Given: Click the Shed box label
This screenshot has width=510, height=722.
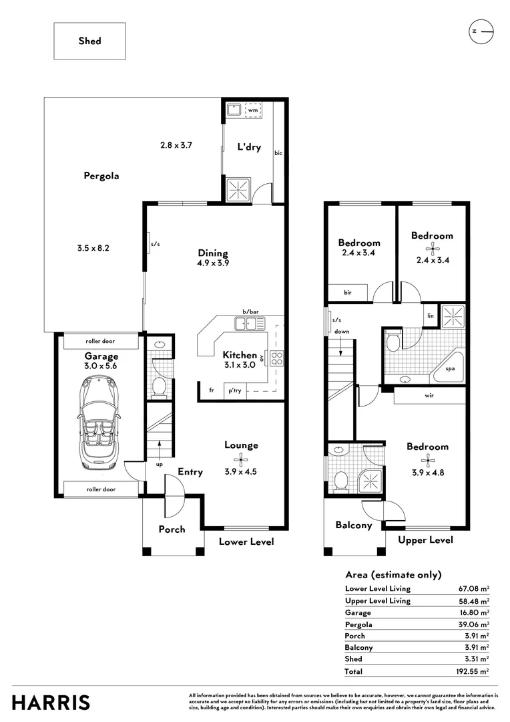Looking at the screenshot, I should [x=89, y=41].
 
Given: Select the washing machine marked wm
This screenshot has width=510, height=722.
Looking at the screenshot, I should [x=253, y=110].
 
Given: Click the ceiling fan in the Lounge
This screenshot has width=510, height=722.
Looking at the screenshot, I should [x=241, y=459].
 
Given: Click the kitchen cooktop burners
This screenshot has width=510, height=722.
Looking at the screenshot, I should [x=276, y=358].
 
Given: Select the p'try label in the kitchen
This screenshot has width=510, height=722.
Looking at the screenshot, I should [x=234, y=390].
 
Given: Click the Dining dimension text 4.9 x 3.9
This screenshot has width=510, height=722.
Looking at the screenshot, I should [x=213, y=263].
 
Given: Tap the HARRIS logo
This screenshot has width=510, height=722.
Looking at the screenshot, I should [x=51, y=703].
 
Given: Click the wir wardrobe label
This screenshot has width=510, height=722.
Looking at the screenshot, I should [x=429, y=395].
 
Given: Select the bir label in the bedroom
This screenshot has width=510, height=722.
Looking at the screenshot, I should [x=348, y=292].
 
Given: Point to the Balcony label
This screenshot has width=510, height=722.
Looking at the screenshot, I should [x=353, y=525].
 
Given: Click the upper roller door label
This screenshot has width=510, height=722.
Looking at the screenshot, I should [x=101, y=341].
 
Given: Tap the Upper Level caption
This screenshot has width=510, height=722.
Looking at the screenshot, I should [x=425, y=539].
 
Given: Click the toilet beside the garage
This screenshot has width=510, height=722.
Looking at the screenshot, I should [x=159, y=386].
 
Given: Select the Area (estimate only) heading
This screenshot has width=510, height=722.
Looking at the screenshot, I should [x=393, y=574].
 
